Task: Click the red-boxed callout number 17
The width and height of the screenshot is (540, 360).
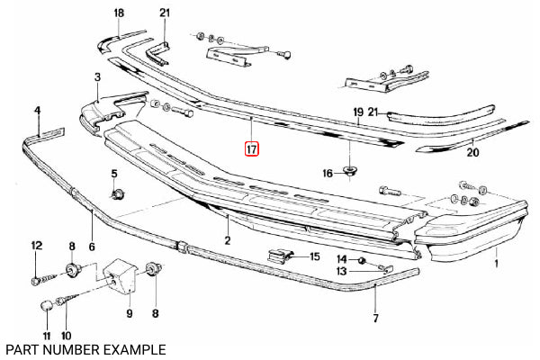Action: [251, 149]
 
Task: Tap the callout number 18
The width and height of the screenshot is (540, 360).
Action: [119, 13]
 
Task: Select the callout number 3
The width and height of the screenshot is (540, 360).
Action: [98, 77]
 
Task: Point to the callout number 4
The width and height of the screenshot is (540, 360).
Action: [38, 111]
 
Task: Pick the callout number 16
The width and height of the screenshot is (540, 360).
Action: [328, 174]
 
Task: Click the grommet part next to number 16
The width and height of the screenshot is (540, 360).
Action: [350, 170]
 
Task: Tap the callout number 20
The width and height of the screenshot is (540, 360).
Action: [472, 152]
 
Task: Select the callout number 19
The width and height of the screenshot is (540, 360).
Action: [358, 112]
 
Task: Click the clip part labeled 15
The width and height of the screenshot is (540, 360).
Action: [280, 256]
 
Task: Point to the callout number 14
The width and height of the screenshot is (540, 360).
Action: [342, 259]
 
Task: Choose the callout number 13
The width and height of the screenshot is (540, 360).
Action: [341, 272]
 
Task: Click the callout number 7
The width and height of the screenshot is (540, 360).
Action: [375, 319]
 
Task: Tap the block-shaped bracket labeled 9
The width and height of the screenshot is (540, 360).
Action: [121, 276]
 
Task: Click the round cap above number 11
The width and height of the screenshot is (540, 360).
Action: [47, 305]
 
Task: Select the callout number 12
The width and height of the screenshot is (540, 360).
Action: [37, 246]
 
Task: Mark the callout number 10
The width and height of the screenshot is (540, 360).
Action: [66, 335]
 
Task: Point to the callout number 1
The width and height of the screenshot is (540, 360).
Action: [496, 264]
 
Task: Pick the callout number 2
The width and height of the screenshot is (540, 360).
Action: [228, 240]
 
